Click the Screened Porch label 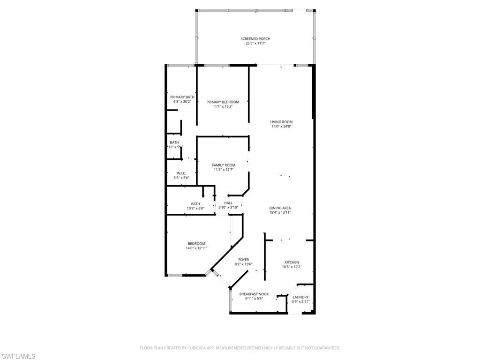tap(255, 39)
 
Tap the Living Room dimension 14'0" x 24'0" tap(281, 127)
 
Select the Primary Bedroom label tap(223, 102)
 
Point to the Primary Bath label tap(182, 97)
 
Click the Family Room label tap(223, 165)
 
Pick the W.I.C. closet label tap(181, 173)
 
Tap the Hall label tap(228, 203)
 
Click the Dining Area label tap(280, 208)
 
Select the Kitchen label tap(292, 262)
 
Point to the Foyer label tap(243, 260)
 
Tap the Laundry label tap(300, 297)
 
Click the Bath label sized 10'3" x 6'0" tap(182, 204)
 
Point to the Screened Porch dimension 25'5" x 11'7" tap(255, 44)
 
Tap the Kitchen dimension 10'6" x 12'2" tap(292, 267)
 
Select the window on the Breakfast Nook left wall tap(230, 301)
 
